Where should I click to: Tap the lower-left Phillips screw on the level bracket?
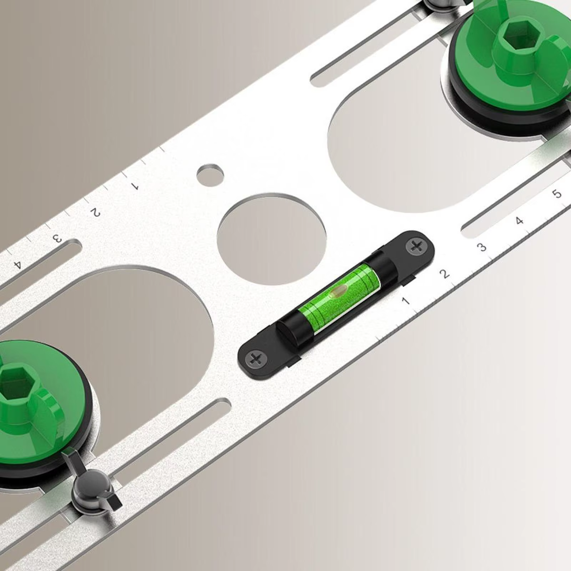[x=256, y=359]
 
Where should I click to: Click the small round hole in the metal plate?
[x=211, y=175]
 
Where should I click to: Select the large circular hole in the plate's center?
[x=272, y=239]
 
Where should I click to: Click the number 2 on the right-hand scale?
[x=444, y=274]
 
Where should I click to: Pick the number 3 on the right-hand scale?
[x=482, y=247]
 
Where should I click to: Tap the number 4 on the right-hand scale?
[x=520, y=221]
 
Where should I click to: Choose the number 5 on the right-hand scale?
[x=557, y=194]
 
